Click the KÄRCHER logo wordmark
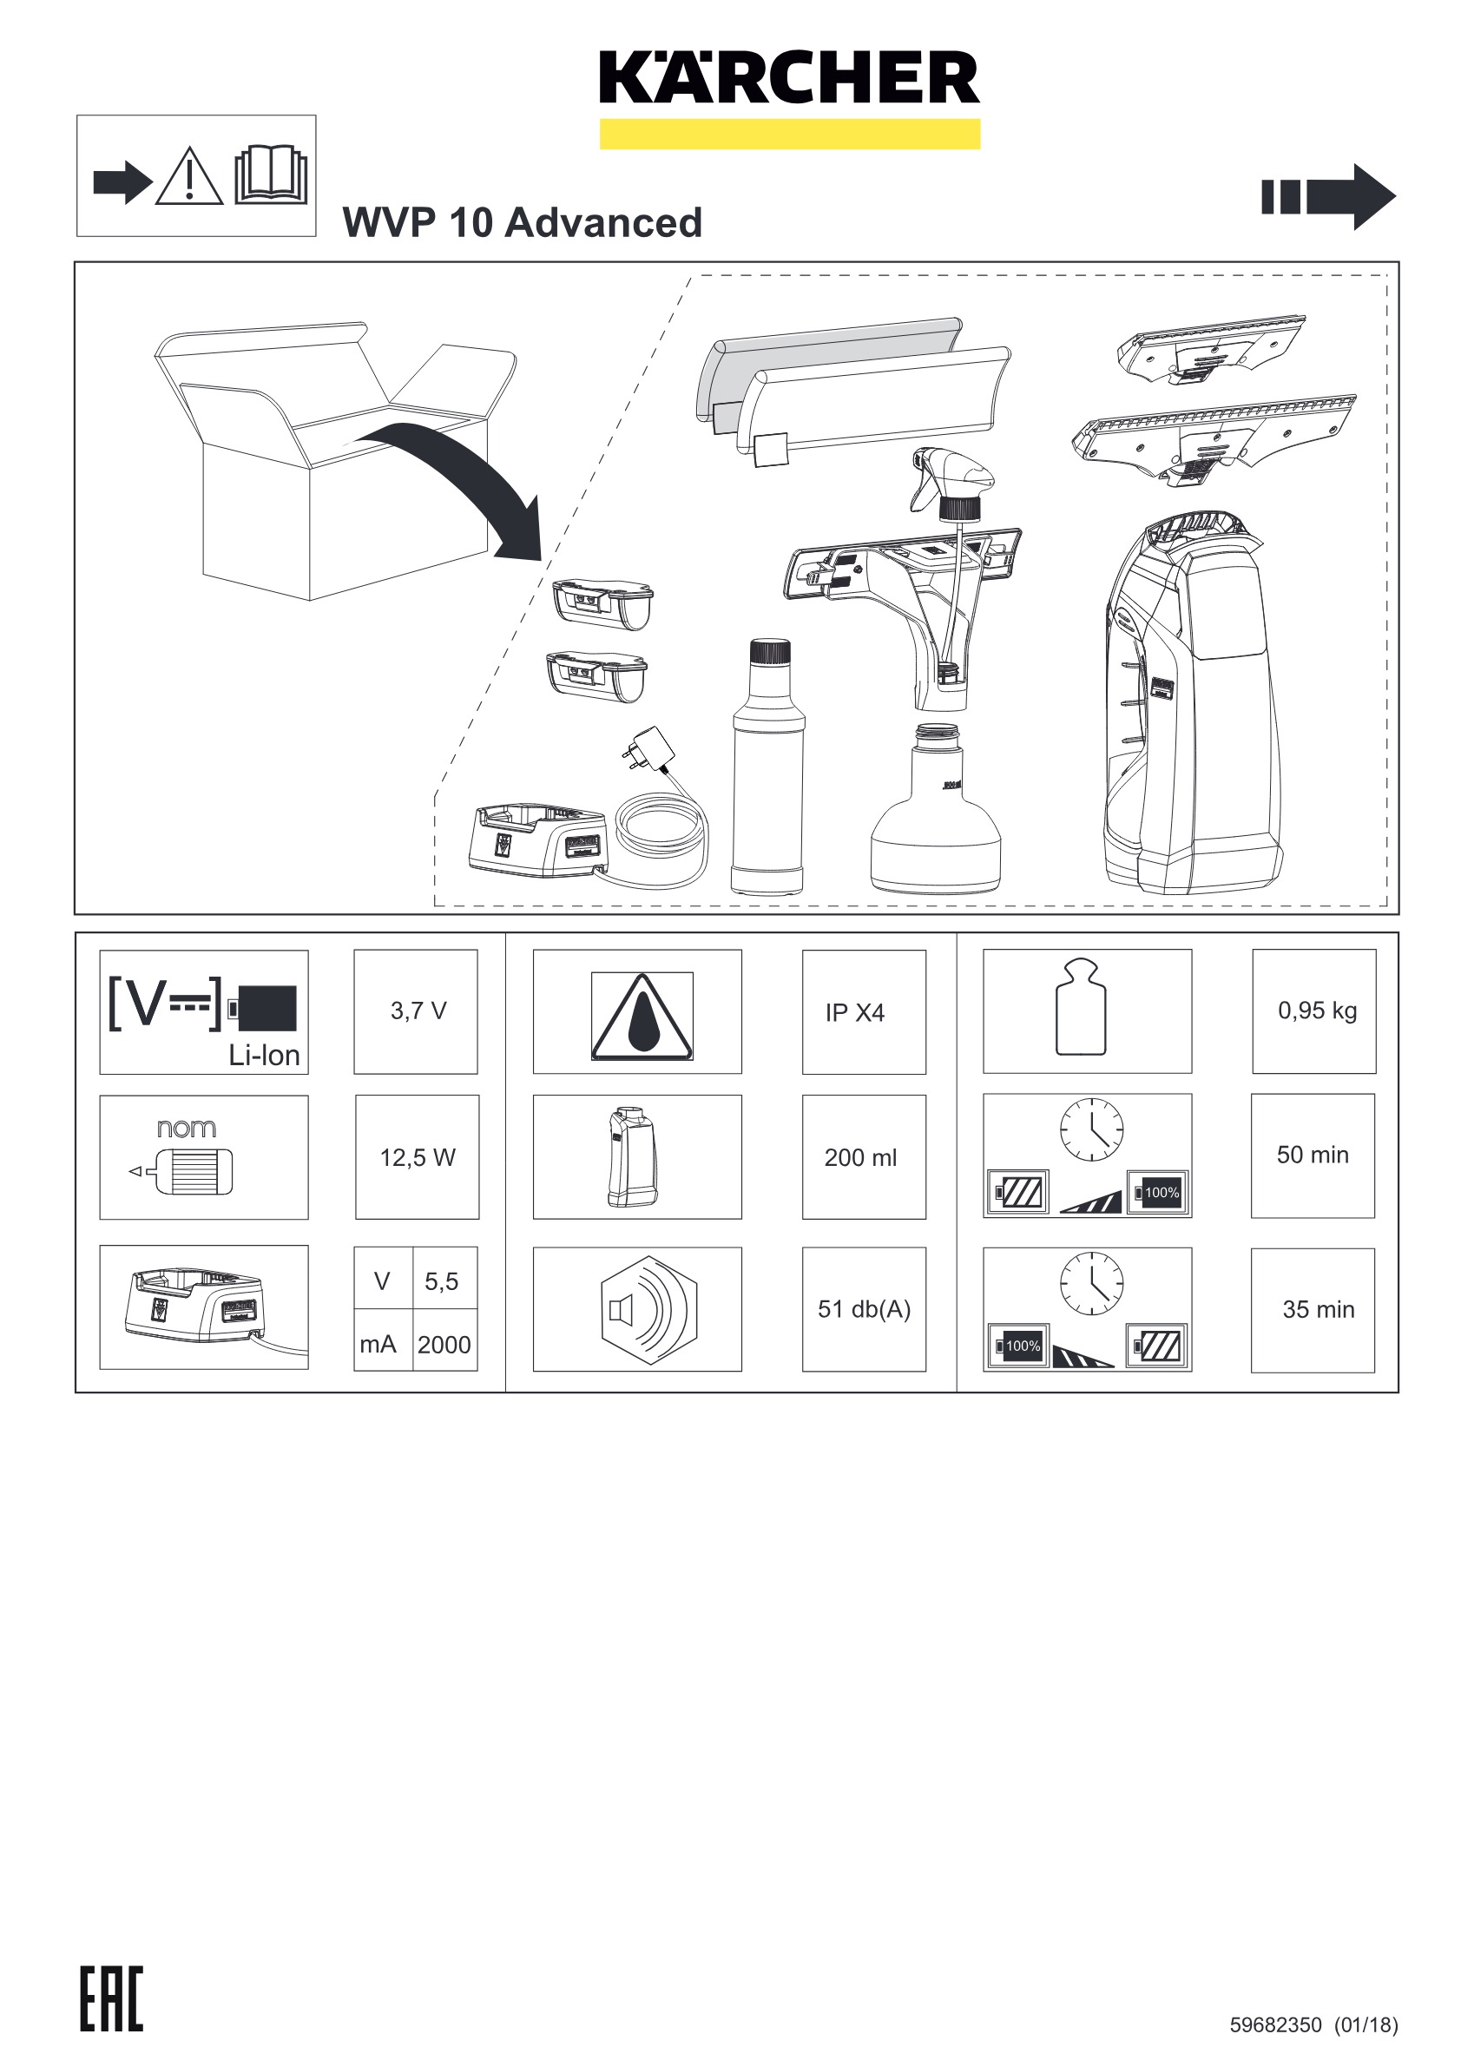789,78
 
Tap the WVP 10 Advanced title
522,222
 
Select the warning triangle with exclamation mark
189,177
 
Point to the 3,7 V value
418,1011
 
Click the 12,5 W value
418,1157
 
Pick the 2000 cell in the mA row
444,1344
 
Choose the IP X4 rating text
855,1013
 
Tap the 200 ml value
860,1158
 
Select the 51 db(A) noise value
864,1309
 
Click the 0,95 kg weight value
1317,1010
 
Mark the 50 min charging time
1313,1155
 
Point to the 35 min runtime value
1318,1309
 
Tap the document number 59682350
1275,2025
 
